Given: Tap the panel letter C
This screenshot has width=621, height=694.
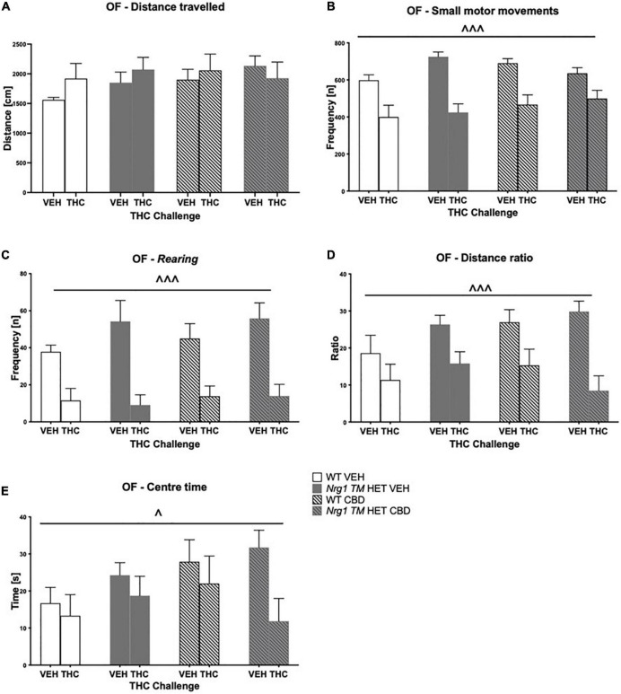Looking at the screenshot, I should pyautogui.click(x=5, y=253).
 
